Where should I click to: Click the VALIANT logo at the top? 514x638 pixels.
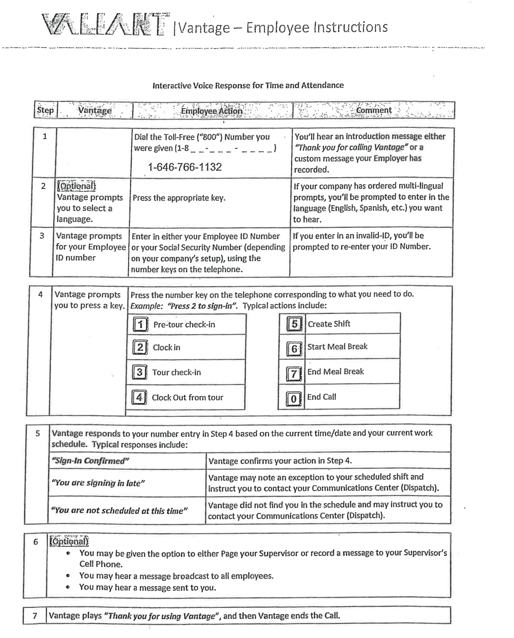[x=104, y=25]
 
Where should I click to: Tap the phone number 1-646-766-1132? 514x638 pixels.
[x=185, y=167]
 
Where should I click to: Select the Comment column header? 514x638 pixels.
[x=374, y=110]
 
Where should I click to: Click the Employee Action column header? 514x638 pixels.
[x=211, y=111]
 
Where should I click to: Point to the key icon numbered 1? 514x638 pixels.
[x=140, y=324]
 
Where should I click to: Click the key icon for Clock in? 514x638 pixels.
[x=140, y=347]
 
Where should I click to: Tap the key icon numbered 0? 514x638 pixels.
[x=294, y=399]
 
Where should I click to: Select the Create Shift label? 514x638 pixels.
[x=329, y=324]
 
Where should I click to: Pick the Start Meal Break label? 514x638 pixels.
[x=337, y=347]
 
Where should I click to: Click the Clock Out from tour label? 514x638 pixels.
[x=187, y=398]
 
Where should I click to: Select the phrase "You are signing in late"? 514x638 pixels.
[x=98, y=483]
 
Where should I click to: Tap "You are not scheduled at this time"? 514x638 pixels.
[x=119, y=511]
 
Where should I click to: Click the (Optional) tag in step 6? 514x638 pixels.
[x=69, y=541]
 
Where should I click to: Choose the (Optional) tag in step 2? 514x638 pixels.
[x=76, y=186]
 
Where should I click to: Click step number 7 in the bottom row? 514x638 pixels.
[x=35, y=616]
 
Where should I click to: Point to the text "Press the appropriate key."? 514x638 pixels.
[x=179, y=198]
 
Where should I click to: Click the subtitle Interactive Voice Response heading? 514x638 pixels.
[x=248, y=85]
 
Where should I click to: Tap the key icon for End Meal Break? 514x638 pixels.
[x=294, y=374]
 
